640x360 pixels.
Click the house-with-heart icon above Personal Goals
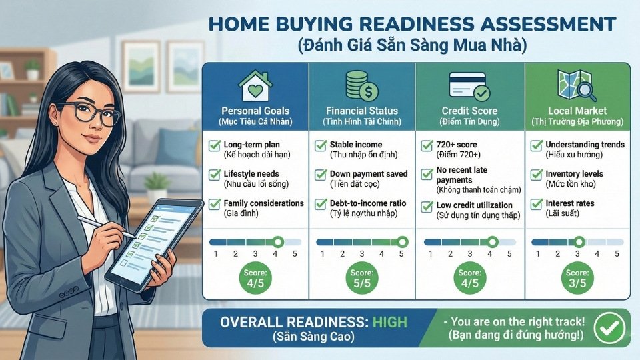(x=255, y=86)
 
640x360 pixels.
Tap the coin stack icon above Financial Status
(x=361, y=86)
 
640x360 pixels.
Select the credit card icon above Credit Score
(x=469, y=86)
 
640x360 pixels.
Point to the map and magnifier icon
(x=577, y=86)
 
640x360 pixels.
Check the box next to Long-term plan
(x=215, y=145)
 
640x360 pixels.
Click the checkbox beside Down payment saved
(x=321, y=175)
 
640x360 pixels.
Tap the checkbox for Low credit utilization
(x=427, y=207)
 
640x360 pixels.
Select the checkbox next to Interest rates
(x=536, y=204)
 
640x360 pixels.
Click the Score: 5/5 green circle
(x=361, y=279)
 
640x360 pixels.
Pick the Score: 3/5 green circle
(x=577, y=279)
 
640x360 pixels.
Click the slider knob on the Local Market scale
(x=579, y=242)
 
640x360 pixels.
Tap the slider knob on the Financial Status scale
(x=402, y=242)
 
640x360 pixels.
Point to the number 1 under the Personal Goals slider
(x=215, y=254)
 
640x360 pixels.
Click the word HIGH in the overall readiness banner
(x=390, y=322)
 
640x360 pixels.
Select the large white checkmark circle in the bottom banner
(x=609, y=327)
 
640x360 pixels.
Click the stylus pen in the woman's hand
(x=107, y=227)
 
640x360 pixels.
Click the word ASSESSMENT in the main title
(x=548, y=24)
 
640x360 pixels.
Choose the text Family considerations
(x=264, y=203)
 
